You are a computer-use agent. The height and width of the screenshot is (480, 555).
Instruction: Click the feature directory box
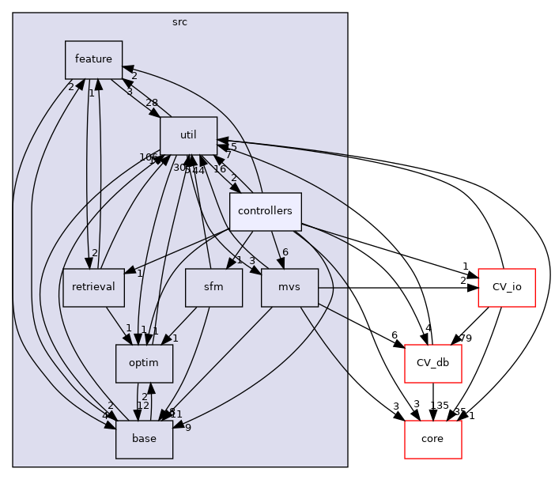(93, 59)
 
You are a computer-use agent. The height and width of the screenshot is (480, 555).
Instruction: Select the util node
(188, 135)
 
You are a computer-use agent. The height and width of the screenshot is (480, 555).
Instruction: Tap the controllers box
(265, 211)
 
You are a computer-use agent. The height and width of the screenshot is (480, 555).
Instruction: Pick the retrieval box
(93, 288)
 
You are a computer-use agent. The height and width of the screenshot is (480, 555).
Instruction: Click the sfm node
(213, 288)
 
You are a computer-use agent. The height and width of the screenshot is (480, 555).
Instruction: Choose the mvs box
(289, 288)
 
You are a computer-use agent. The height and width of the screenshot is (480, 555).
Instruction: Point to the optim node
(144, 363)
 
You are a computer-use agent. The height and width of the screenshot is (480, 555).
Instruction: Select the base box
(144, 439)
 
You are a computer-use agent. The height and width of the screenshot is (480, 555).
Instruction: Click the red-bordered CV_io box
(508, 288)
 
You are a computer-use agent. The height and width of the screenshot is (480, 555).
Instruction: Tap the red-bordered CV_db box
(432, 363)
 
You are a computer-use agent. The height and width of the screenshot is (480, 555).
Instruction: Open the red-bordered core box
(432, 439)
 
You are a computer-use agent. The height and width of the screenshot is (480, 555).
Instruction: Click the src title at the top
(179, 21)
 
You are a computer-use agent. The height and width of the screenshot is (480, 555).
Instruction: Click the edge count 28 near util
(151, 103)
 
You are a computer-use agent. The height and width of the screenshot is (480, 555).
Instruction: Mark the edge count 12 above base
(143, 406)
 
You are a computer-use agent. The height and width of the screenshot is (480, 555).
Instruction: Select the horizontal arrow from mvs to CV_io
(395, 288)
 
